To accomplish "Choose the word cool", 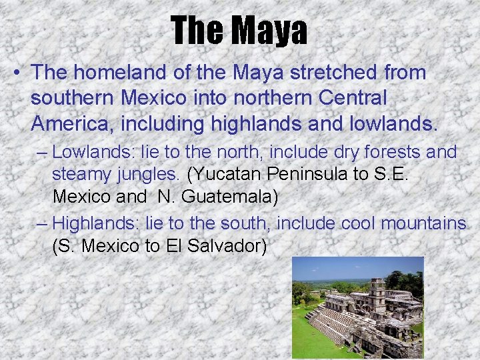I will [358, 223].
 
